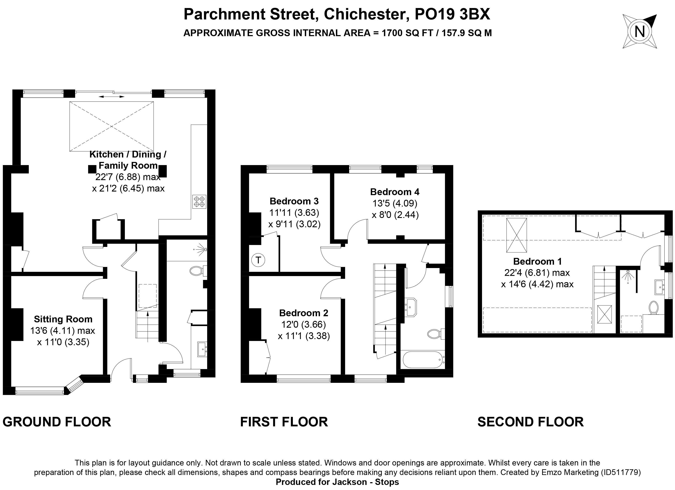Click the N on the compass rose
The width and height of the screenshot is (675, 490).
[x=640, y=31]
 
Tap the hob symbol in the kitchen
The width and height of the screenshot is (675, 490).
[x=199, y=202]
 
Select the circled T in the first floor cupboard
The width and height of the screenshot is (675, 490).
[x=258, y=260]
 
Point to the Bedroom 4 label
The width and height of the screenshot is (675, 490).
[x=395, y=192]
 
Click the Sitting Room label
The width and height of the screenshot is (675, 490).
[x=63, y=319]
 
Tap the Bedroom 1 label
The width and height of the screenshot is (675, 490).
[x=537, y=261]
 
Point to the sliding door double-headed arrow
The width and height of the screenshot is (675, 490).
[x=112, y=97]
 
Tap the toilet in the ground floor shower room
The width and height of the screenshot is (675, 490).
[x=196, y=271]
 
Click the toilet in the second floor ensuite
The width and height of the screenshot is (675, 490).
[x=654, y=307]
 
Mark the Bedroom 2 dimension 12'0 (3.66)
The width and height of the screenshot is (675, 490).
[x=304, y=324]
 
